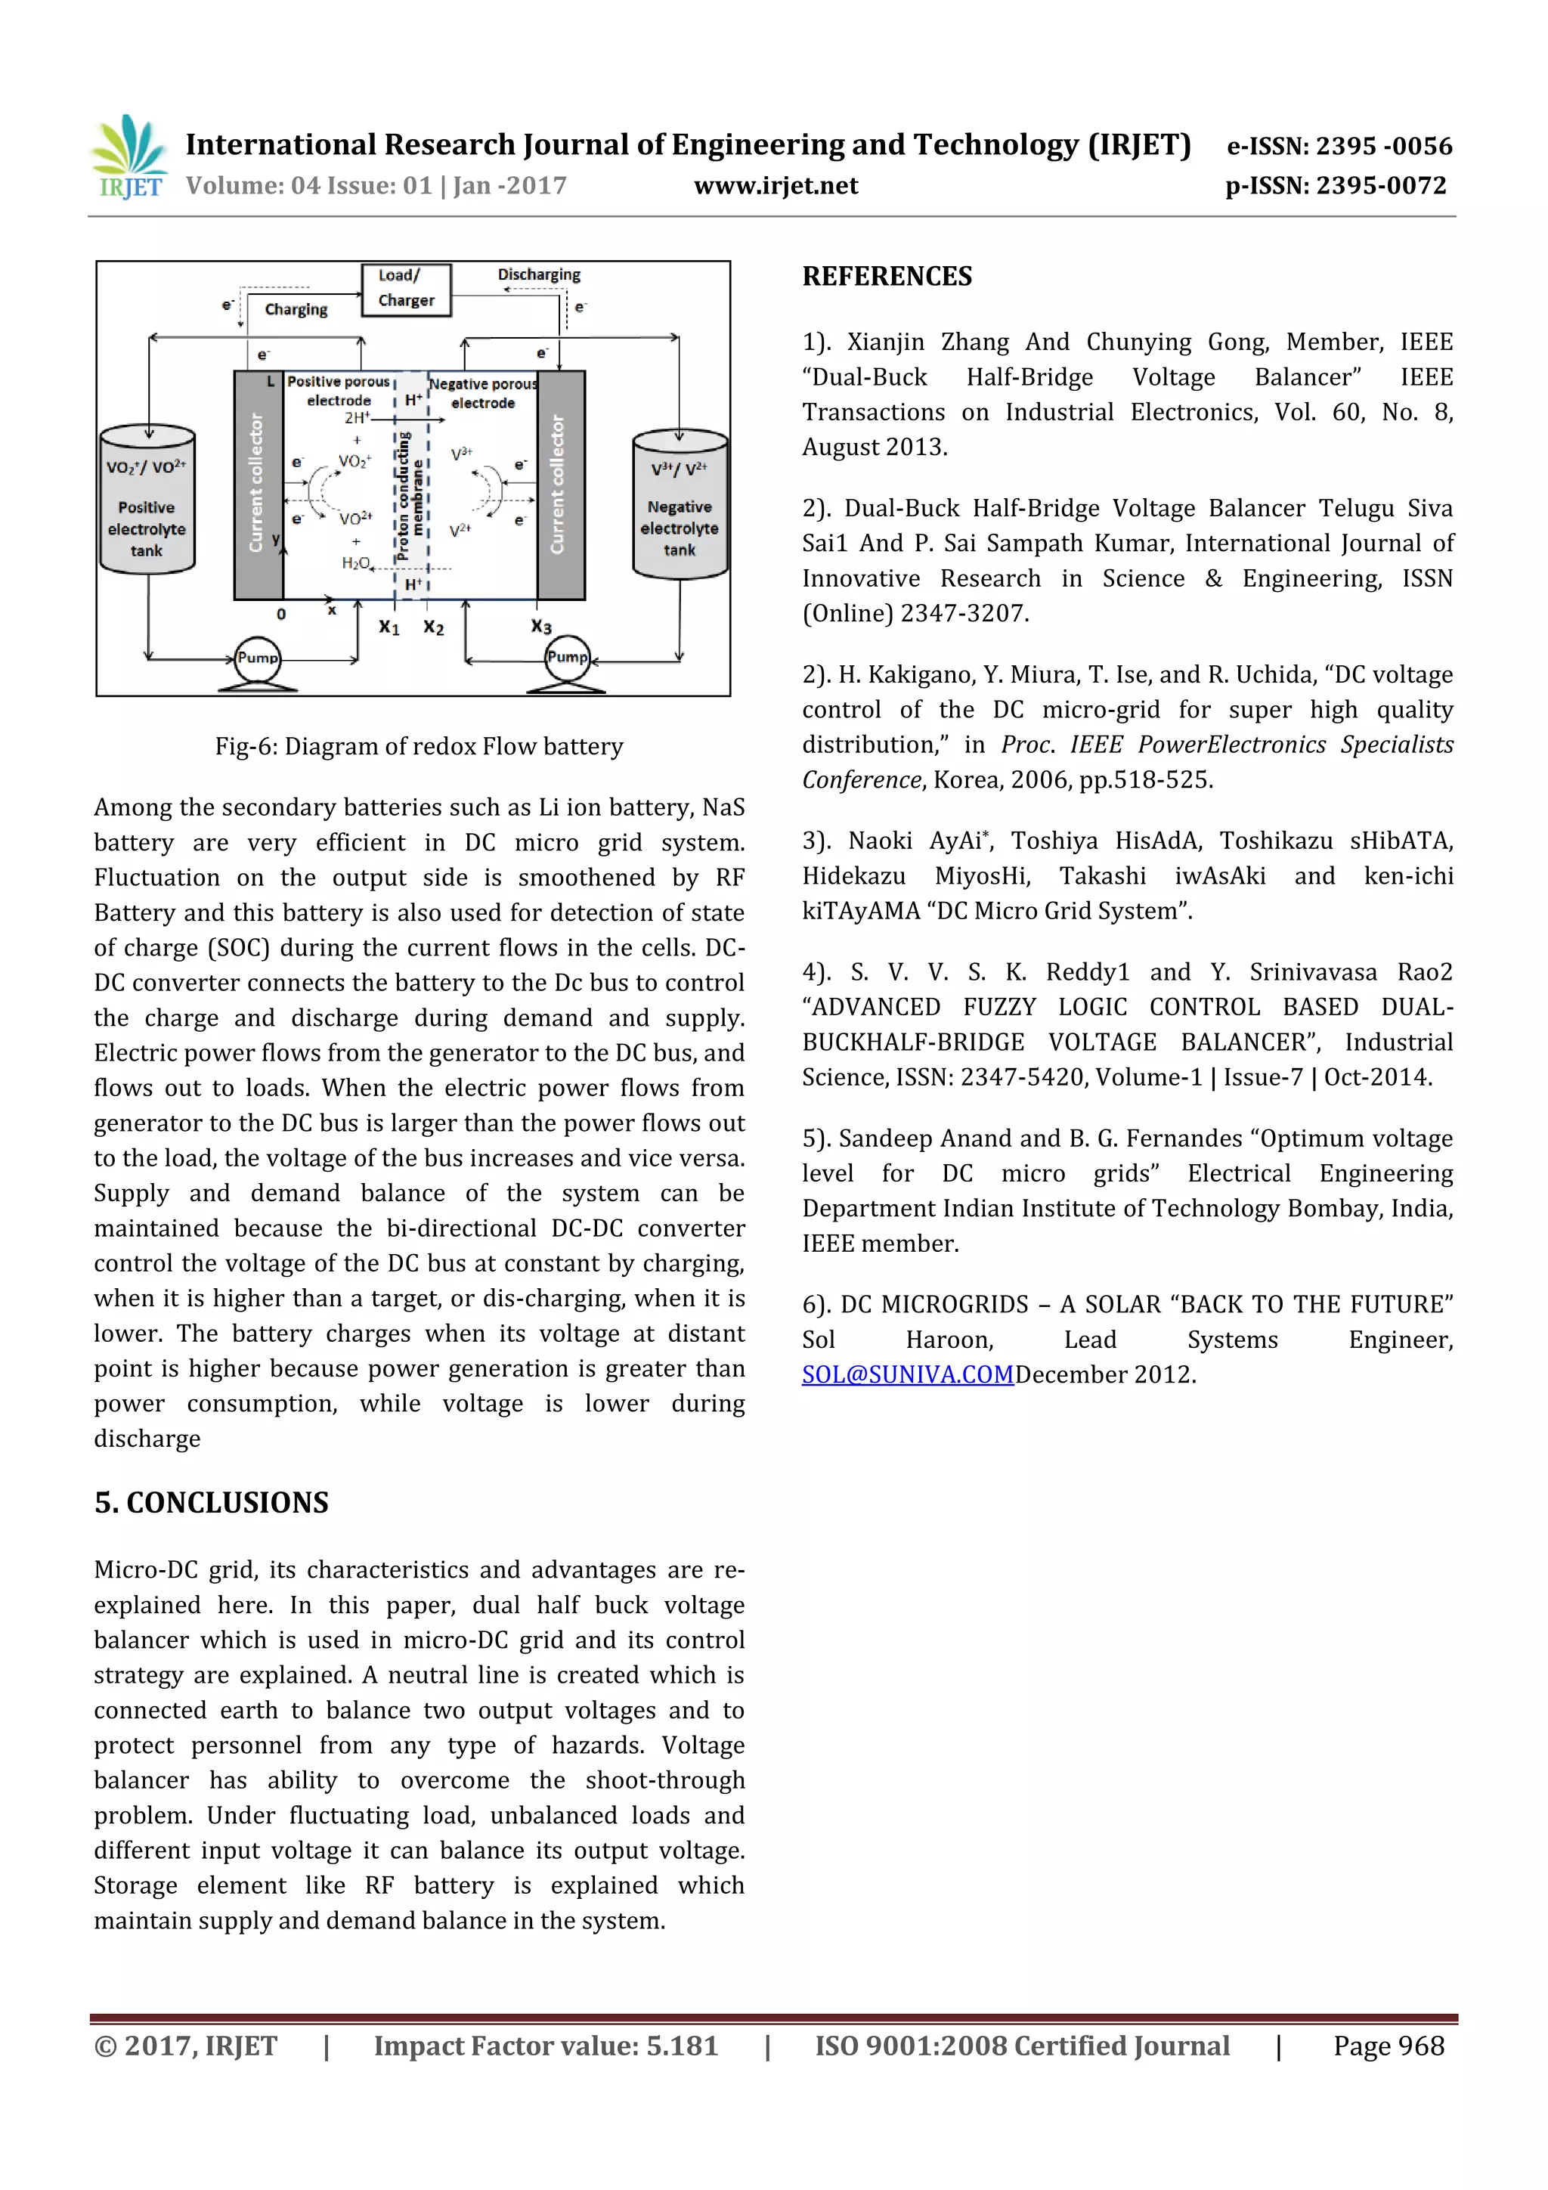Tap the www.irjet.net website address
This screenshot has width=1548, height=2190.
(776, 186)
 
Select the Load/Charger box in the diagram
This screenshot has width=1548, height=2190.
(407, 289)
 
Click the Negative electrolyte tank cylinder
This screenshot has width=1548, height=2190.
(680, 506)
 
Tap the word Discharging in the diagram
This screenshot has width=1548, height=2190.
(539, 274)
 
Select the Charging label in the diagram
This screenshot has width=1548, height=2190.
(296, 310)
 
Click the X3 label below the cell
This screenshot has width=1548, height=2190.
(540, 627)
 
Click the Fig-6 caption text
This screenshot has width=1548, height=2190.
(419, 747)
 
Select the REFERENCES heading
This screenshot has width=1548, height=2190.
(887, 277)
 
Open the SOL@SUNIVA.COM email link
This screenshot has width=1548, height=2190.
(907, 1374)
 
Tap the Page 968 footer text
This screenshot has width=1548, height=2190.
(1389, 2047)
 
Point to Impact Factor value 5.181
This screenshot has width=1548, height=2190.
(546, 2047)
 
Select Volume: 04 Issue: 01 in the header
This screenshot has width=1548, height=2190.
(310, 186)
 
